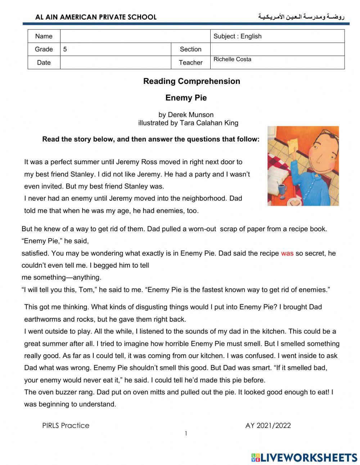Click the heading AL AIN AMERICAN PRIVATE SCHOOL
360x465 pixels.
[x=96, y=17]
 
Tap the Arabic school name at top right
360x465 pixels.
[x=301, y=17]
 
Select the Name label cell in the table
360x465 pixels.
[x=44, y=36]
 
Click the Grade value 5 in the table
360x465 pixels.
[x=65, y=49]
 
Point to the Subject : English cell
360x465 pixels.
[x=238, y=36]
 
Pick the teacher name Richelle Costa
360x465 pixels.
[x=232, y=59]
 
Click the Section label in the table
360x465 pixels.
[x=190, y=49]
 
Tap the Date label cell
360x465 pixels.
[x=44, y=63]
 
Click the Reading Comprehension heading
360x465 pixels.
[x=192, y=81]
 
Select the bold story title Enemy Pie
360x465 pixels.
[x=186, y=98]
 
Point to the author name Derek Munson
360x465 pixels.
[x=191, y=115]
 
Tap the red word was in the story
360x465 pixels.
[x=287, y=253]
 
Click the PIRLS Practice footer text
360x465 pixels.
[x=66, y=425]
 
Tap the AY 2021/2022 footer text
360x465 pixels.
[x=268, y=425]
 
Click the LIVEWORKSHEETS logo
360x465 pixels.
[x=304, y=457]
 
